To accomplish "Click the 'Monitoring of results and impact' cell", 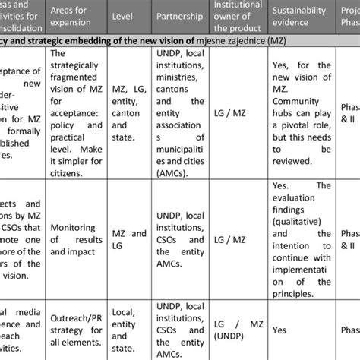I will point(76,239).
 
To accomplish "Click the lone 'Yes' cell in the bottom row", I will point(280,330).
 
